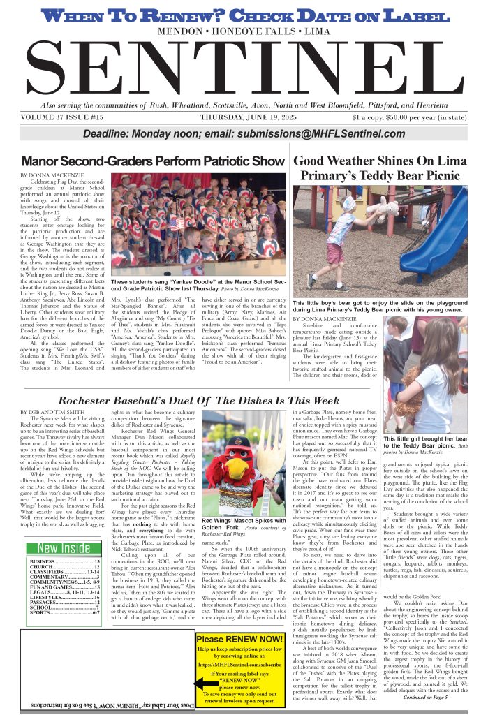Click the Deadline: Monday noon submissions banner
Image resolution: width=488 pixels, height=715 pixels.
(244, 135)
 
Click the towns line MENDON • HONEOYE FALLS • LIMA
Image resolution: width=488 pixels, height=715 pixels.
(244, 33)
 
